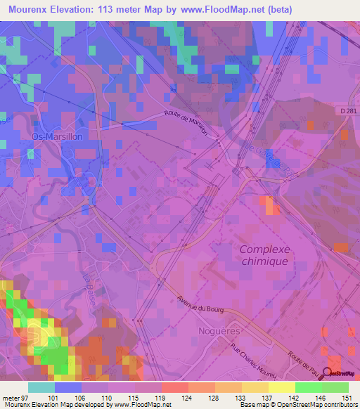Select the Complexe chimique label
[264, 254]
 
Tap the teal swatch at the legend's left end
[41, 387]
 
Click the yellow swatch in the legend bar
[282, 387]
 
